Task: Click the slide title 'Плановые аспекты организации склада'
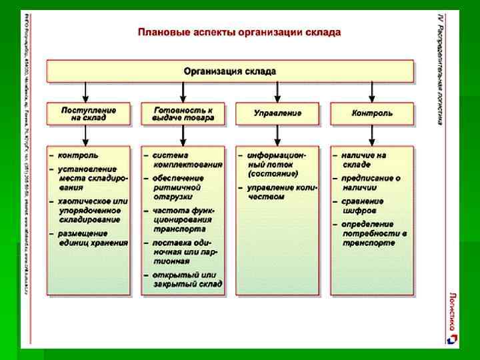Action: pyautogui.click(x=239, y=32)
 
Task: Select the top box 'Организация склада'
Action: pyautogui.click(x=230, y=71)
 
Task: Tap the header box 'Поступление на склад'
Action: pyautogui.click(x=89, y=113)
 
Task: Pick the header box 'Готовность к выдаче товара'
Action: pyautogui.click(x=183, y=113)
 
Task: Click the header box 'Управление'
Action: pyautogui.click(x=277, y=113)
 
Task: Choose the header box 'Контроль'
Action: pyautogui.click(x=372, y=113)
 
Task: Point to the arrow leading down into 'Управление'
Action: pyautogui.click(x=277, y=92)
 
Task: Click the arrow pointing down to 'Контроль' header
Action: pyautogui.click(x=372, y=92)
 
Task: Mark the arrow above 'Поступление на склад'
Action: pyautogui.click(x=85, y=92)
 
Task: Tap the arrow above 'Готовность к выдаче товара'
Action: pyautogui.click(x=181, y=92)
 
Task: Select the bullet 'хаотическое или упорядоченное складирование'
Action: pyautogui.click(x=90, y=209)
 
